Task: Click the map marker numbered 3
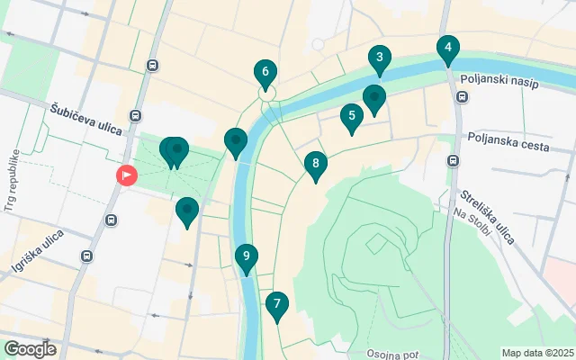point(380,60)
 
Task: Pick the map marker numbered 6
point(265,72)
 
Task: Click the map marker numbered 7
point(277,305)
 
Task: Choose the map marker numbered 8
point(314,165)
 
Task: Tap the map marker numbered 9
point(246,257)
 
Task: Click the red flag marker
point(127,175)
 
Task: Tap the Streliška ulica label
point(487,217)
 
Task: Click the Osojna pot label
point(392,354)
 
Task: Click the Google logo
point(30,348)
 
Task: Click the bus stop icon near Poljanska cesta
point(453,161)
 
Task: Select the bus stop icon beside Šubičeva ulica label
point(135,116)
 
